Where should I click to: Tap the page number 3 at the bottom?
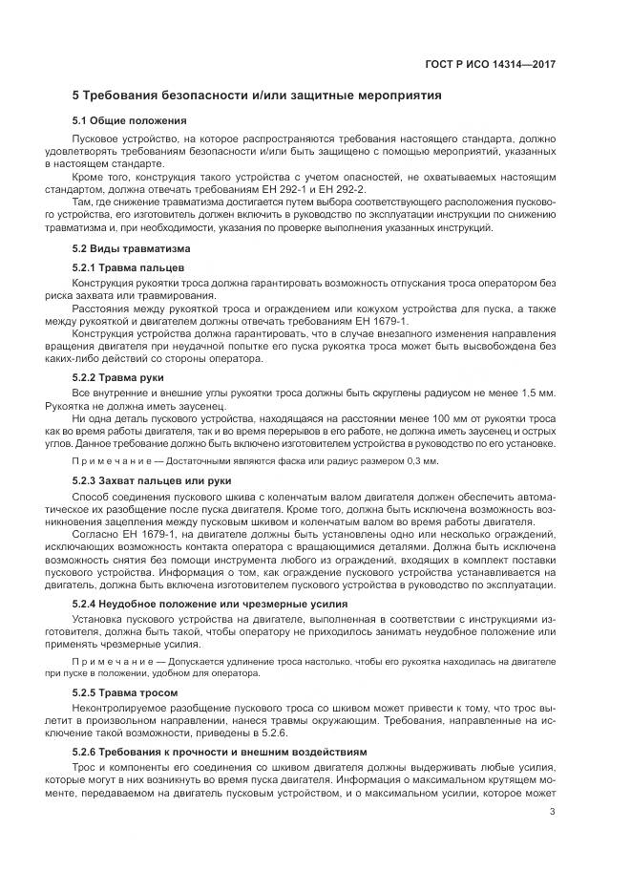coord(553,813)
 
